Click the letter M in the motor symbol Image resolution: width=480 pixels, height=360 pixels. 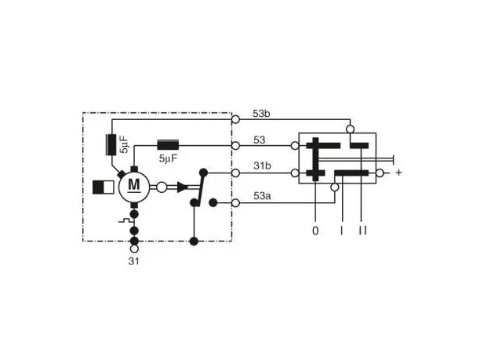point(134,184)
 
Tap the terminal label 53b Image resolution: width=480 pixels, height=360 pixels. point(261,114)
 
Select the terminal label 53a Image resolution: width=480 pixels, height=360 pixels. point(262,196)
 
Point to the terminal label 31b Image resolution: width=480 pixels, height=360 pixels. point(262,165)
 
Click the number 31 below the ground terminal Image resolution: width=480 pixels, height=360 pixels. point(133,261)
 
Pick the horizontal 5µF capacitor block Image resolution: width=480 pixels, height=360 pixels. point(168,145)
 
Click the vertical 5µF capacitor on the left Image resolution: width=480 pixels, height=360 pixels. point(111,144)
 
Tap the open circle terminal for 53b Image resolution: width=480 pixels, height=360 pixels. point(235,119)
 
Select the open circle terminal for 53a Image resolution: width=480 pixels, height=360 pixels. point(235,202)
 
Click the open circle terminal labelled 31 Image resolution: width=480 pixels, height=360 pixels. point(134,249)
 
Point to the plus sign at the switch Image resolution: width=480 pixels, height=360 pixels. point(398,173)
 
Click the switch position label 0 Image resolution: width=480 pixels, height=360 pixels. point(315,231)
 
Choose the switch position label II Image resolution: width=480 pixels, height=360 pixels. point(362,231)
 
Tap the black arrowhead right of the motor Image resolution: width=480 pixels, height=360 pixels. point(183,187)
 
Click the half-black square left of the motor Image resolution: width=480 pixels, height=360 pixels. point(104,187)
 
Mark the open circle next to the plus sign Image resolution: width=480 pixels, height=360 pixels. point(380,173)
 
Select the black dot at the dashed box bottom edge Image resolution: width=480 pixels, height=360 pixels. point(194,242)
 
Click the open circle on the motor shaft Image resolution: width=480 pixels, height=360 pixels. point(162,187)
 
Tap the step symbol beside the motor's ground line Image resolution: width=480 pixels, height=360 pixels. point(125,221)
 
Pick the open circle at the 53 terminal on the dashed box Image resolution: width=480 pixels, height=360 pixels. point(235,145)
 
